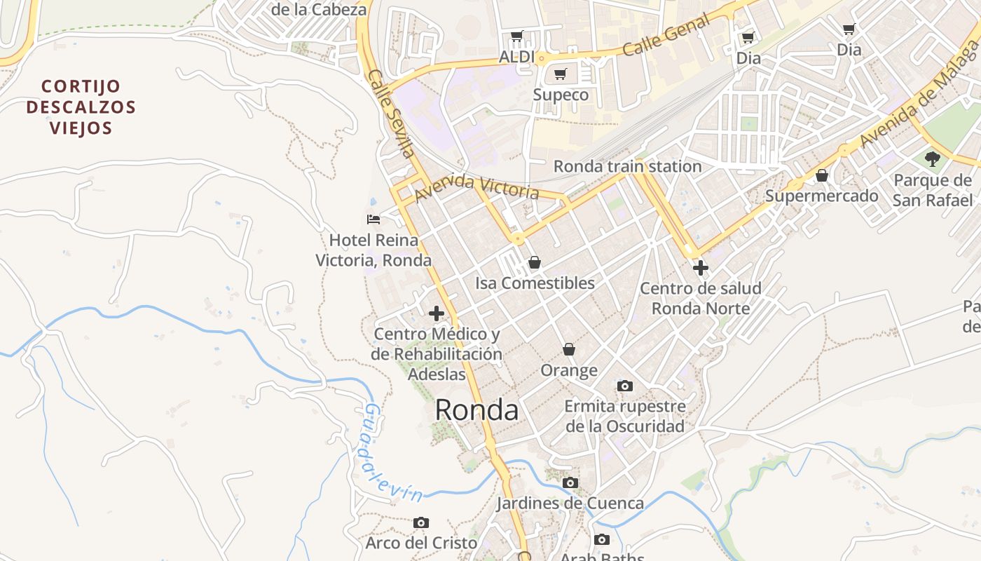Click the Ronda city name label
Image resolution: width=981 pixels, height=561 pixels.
click(x=476, y=410)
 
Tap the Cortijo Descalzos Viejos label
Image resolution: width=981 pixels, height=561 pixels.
click(x=81, y=107)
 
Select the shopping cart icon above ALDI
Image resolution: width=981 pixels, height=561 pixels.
click(x=517, y=36)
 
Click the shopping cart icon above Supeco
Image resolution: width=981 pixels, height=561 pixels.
click(x=560, y=74)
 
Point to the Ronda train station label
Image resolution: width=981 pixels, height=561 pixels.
click(x=627, y=167)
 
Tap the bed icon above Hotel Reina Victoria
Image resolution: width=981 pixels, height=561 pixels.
click(x=373, y=219)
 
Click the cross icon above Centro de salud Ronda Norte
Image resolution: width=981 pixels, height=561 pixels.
click(x=700, y=267)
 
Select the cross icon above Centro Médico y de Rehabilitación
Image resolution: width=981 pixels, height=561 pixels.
click(x=437, y=313)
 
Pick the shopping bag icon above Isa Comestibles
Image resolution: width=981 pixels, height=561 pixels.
click(x=535, y=262)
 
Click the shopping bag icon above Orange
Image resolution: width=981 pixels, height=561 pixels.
click(x=569, y=349)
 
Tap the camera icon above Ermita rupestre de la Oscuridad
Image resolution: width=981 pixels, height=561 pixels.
click(x=624, y=386)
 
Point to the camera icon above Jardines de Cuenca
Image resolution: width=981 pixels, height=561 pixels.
click(x=570, y=482)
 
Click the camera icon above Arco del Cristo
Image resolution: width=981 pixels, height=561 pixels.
click(x=421, y=522)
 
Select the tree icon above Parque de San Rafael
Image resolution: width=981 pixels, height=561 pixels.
click(x=932, y=159)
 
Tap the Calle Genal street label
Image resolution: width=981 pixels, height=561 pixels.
click(x=666, y=36)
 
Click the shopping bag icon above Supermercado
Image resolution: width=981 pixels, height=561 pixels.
click(x=822, y=175)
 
